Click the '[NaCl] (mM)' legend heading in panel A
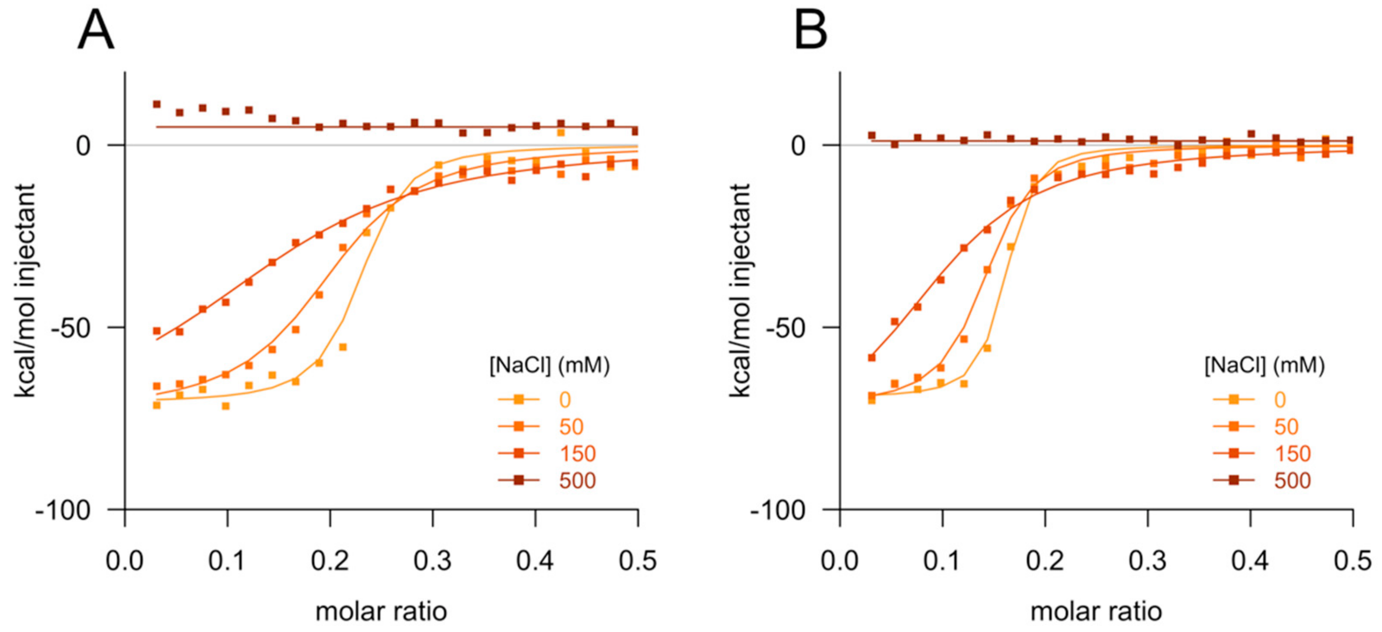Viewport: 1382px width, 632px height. (x=549, y=366)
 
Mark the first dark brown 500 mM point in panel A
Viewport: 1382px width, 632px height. (x=156, y=104)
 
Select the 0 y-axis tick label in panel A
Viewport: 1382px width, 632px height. (x=83, y=146)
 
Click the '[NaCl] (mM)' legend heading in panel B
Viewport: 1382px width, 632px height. (x=1265, y=366)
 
